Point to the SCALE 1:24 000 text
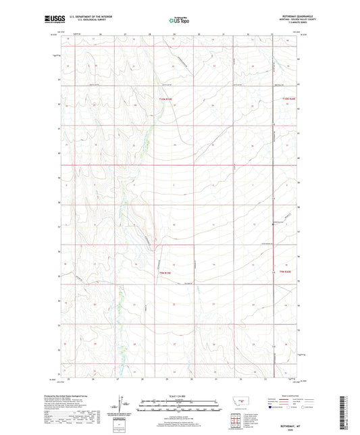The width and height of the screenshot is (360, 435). point(180,395)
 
